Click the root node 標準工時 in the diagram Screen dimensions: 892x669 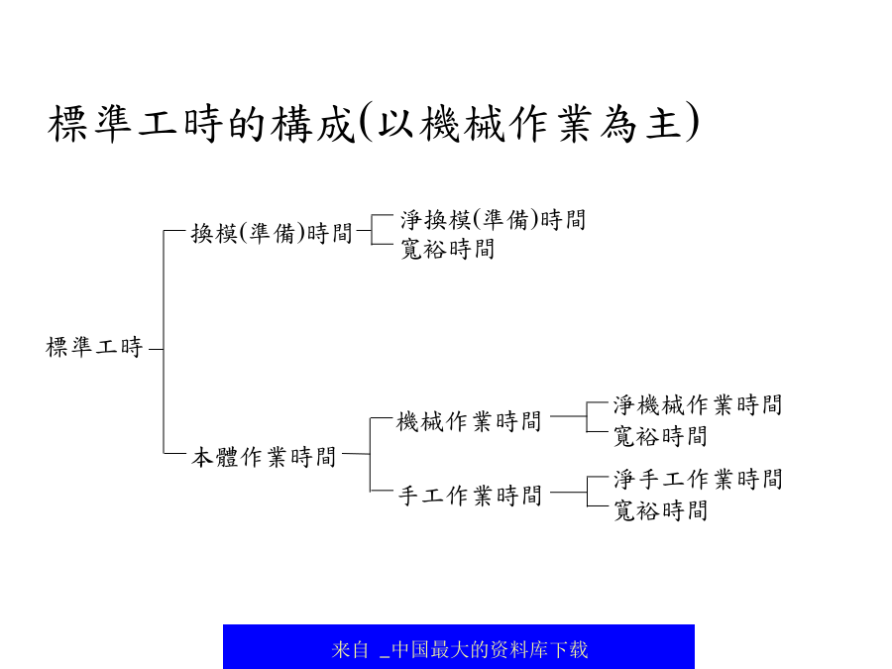coord(94,347)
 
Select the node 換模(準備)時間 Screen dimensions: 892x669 coord(272,233)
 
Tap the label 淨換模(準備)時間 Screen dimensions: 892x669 coord(494,220)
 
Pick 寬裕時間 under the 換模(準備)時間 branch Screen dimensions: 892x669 coord(448,249)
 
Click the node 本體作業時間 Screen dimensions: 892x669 coord(264,457)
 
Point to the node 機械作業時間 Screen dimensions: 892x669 coord(469,421)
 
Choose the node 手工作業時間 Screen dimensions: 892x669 coord(470,496)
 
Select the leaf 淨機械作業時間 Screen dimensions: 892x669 coord(698,405)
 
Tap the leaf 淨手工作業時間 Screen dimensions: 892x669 coord(698,479)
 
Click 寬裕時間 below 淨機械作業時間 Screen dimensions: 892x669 coord(660,436)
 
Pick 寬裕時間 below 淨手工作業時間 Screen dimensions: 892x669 coord(660,510)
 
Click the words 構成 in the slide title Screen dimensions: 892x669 coord(313,124)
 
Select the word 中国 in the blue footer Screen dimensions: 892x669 coord(409,649)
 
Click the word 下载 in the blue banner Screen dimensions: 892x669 coord(569,649)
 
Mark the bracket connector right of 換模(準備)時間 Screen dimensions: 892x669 coord(372,229)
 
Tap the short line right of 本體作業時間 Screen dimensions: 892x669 coord(356,454)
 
